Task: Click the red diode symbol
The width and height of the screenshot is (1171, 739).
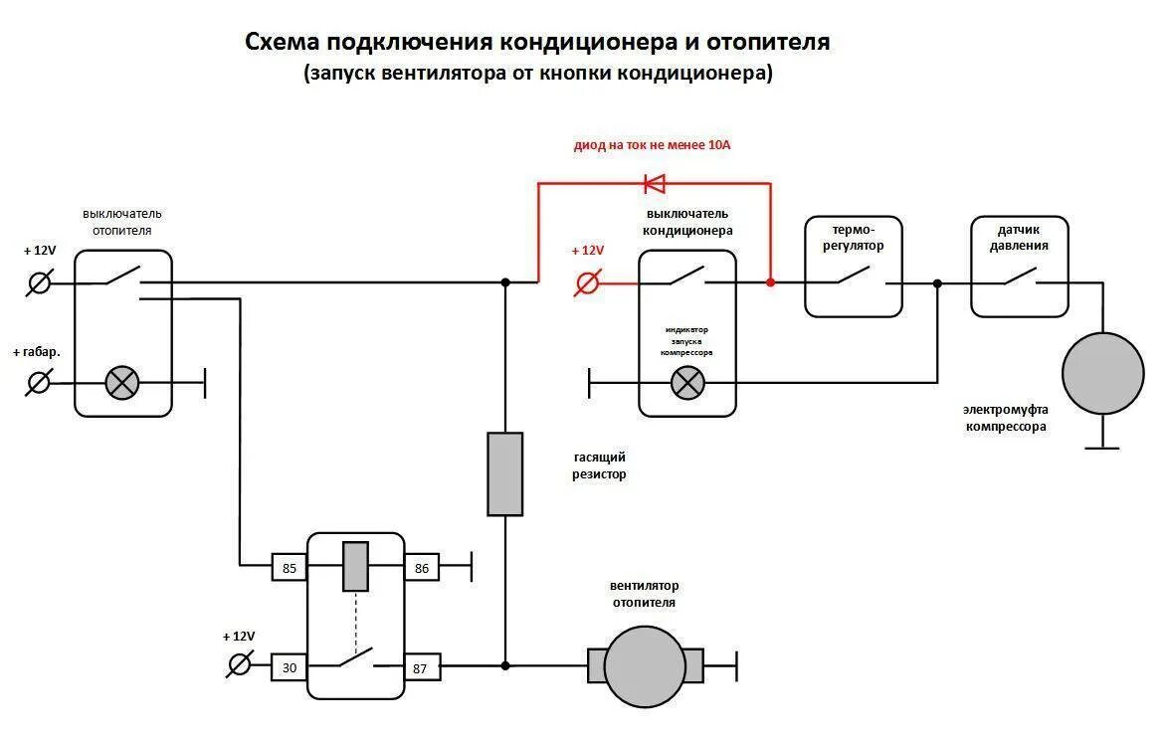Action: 655,183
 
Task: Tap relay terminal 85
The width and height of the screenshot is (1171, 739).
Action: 290,568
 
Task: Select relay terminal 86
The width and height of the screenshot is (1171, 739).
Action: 421,568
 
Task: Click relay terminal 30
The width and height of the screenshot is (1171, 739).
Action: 290,667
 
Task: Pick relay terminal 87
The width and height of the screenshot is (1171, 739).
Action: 420,667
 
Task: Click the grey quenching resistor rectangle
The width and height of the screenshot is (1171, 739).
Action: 504,473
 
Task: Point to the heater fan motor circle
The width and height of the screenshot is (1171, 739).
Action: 645,666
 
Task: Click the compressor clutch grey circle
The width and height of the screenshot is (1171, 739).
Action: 1102,373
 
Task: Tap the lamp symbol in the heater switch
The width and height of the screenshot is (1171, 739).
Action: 122,382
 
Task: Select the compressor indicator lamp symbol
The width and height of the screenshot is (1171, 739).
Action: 686,382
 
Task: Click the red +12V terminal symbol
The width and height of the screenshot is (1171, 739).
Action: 588,283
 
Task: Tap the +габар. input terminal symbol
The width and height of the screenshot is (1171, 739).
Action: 40,382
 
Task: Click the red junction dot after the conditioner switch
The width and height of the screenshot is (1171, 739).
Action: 770,282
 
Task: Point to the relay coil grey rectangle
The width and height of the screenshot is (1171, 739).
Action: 355,566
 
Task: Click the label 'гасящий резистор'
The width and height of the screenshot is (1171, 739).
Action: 599,465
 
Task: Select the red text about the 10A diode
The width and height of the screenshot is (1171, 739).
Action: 652,145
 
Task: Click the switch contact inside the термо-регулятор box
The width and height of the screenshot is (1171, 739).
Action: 853,277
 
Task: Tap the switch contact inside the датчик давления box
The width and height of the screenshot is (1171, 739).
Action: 1019,277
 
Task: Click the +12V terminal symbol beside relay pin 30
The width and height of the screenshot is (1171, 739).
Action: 240,664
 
